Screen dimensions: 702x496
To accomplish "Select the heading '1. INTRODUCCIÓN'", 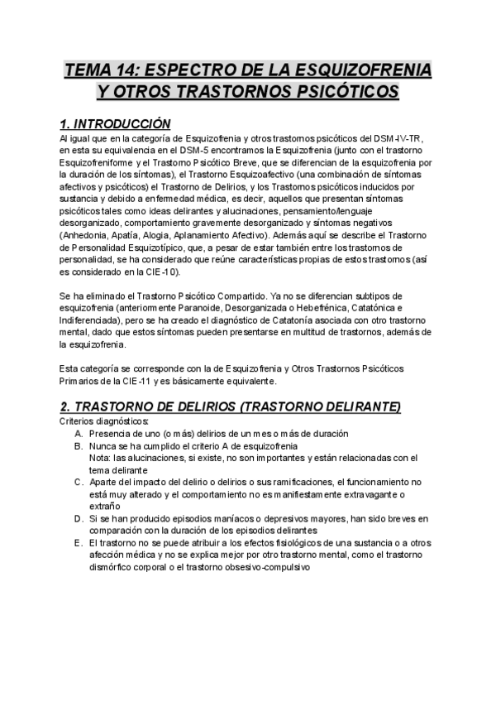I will (115, 124).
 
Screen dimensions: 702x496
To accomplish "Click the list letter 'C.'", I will (78, 482).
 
